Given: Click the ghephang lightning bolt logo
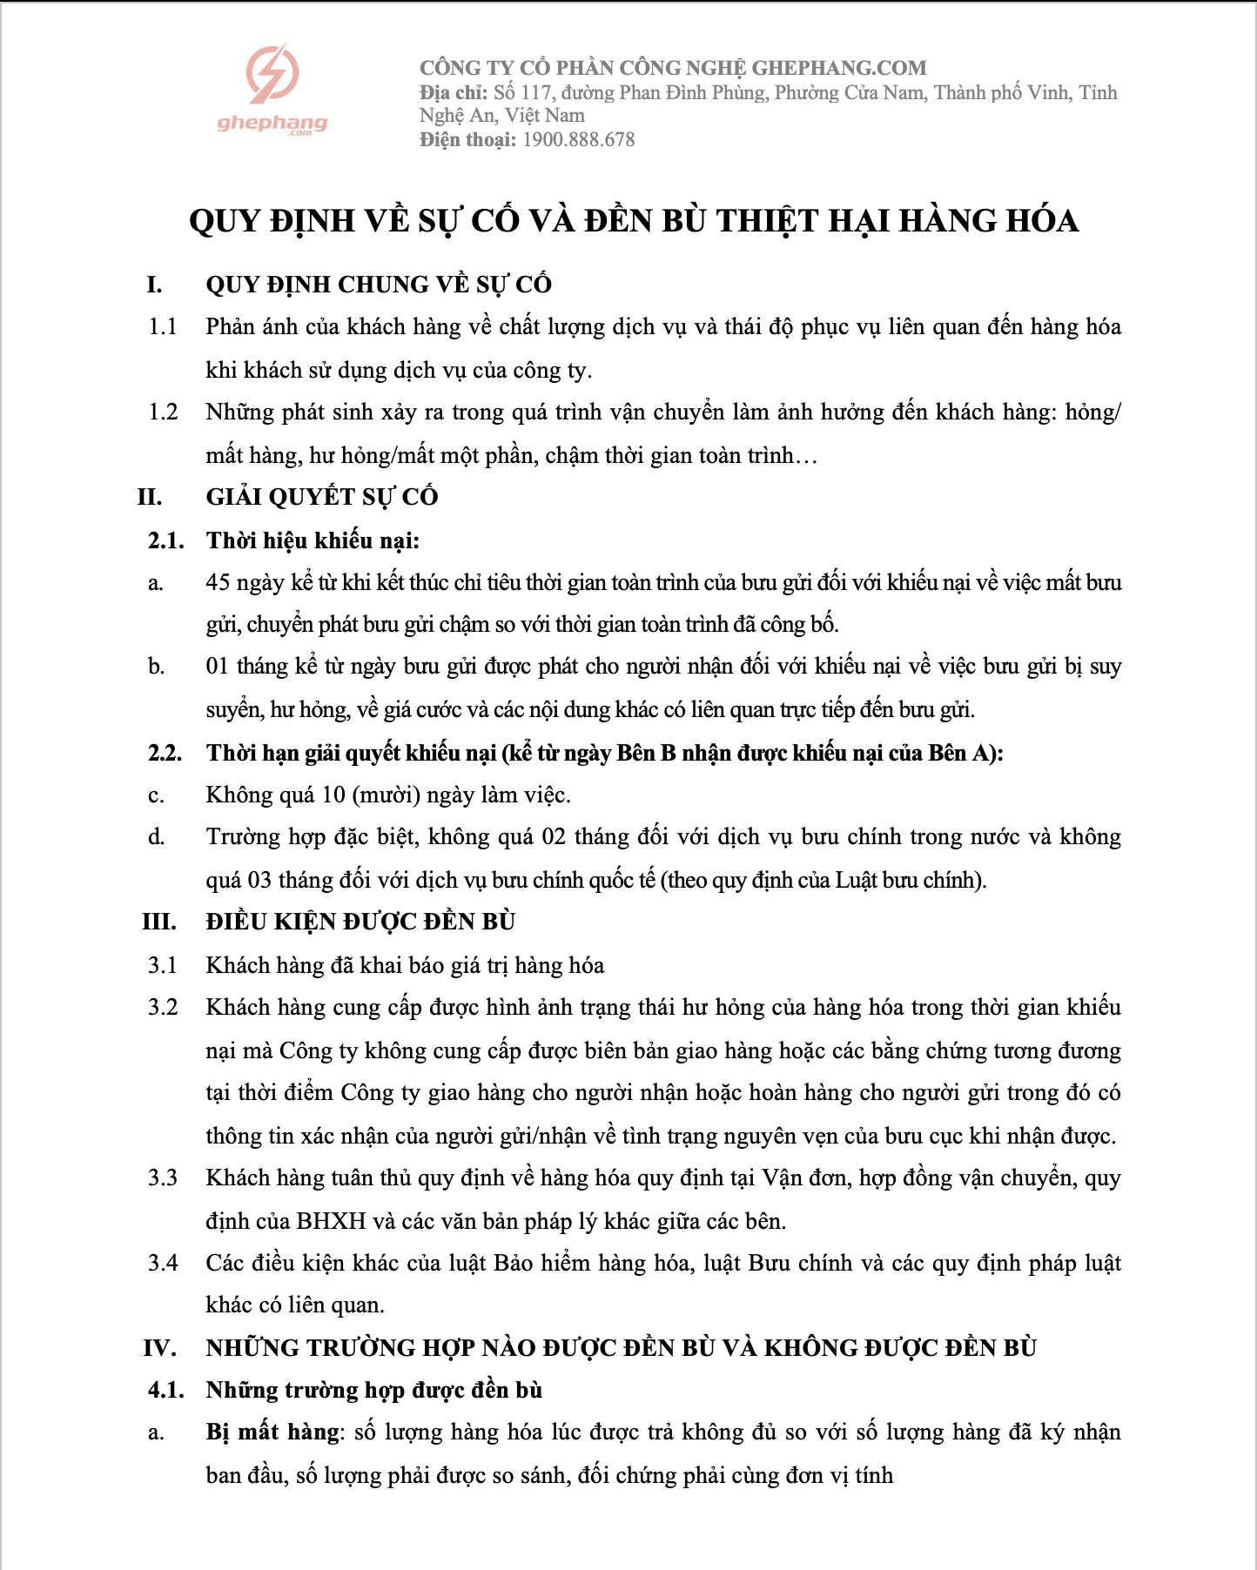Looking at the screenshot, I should click(x=272, y=73).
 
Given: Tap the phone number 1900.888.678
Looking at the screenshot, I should click(x=578, y=140).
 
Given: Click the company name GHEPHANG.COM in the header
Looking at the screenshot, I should click(x=838, y=68).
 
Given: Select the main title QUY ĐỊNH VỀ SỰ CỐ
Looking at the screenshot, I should click(x=633, y=221).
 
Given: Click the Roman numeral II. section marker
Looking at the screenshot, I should click(x=150, y=497).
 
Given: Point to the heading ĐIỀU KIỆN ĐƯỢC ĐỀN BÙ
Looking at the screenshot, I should click(x=360, y=922).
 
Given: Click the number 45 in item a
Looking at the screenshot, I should click(x=218, y=582).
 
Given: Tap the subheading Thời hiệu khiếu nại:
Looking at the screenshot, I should click(x=313, y=540).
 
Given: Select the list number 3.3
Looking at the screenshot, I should click(x=163, y=1177).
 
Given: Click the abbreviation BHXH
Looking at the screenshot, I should click(x=331, y=1221).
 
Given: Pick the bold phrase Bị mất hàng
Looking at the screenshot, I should click(x=272, y=1432).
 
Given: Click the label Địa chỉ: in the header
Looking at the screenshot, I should click(x=454, y=92).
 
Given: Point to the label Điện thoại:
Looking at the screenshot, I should click(x=467, y=140).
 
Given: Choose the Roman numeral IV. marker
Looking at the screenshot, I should click(x=160, y=1348).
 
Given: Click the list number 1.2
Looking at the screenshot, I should click(x=163, y=412).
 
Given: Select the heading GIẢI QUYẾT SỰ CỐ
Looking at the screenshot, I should click(x=322, y=497).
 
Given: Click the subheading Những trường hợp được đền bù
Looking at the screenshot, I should click(x=374, y=1390).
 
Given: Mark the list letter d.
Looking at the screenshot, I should click(x=157, y=837).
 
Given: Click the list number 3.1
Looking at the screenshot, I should click(x=163, y=965).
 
